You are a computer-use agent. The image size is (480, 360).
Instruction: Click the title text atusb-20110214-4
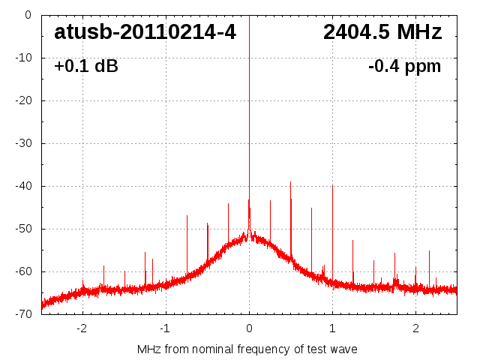[x=145, y=32]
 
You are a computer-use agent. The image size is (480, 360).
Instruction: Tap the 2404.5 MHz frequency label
[x=382, y=32]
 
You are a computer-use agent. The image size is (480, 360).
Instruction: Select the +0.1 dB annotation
[x=86, y=67]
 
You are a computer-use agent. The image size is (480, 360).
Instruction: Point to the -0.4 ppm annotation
[x=404, y=67]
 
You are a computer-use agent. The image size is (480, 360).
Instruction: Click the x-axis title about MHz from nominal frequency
[x=247, y=349]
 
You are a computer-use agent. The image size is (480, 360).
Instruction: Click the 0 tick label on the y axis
[x=28, y=15]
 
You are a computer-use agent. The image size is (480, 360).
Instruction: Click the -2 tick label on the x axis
[x=81, y=328]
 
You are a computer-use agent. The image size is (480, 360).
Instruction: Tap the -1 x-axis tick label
[x=164, y=328]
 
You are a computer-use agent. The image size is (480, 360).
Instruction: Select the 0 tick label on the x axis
[x=249, y=328]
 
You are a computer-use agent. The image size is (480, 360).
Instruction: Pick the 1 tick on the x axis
[x=332, y=328]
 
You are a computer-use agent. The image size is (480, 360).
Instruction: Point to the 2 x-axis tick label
[x=415, y=328]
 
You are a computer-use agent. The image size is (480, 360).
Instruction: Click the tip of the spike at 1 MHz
[x=332, y=185]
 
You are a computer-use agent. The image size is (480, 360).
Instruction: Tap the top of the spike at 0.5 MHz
[x=291, y=181]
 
